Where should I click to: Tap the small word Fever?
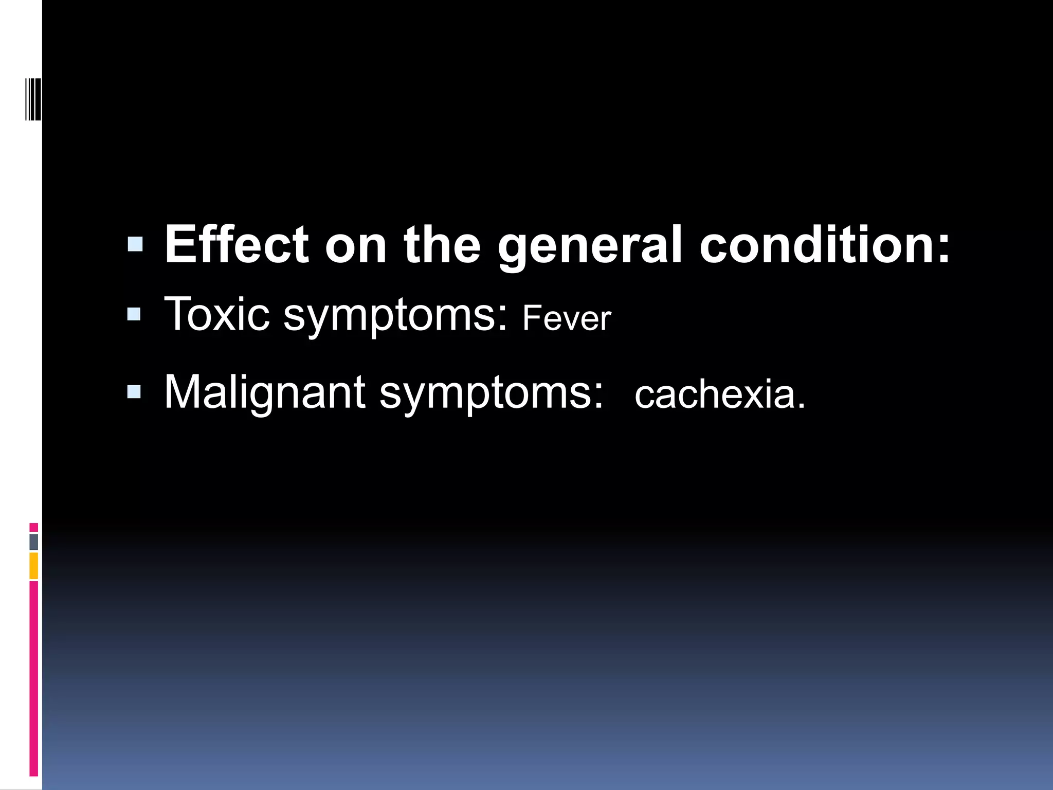[x=567, y=318]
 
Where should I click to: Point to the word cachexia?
[x=719, y=395]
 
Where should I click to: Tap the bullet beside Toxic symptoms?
[x=134, y=314]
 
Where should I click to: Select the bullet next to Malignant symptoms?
[x=134, y=392]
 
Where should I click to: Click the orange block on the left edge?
[x=34, y=566]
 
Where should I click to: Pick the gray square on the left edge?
[x=34, y=542]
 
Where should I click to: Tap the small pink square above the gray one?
[x=34, y=527]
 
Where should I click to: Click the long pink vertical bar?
[x=34, y=679]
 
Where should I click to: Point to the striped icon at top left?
[x=33, y=98]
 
